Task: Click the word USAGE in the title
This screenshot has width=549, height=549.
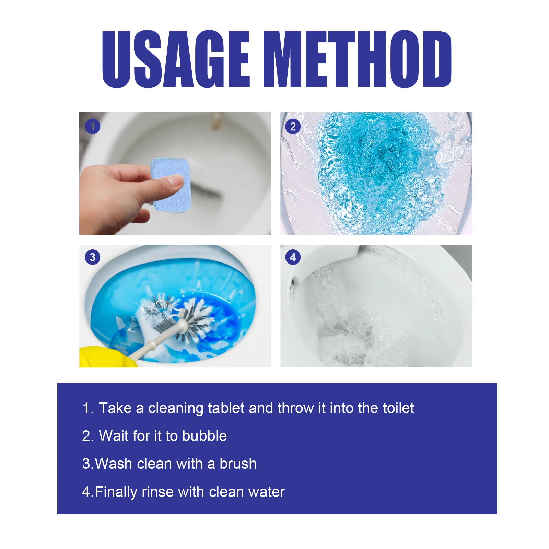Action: pyautogui.click(x=176, y=59)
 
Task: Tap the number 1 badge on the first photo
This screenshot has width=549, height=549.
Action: pyautogui.click(x=93, y=127)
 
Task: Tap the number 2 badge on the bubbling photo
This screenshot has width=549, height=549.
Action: pyautogui.click(x=293, y=127)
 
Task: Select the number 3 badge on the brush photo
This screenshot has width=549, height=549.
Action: pyautogui.click(x=93, y=257)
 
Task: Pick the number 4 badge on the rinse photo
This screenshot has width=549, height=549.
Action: pyautogui.click(x=293, y=257)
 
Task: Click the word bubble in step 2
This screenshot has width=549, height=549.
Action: pyautogui.click(x=205, y=436)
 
